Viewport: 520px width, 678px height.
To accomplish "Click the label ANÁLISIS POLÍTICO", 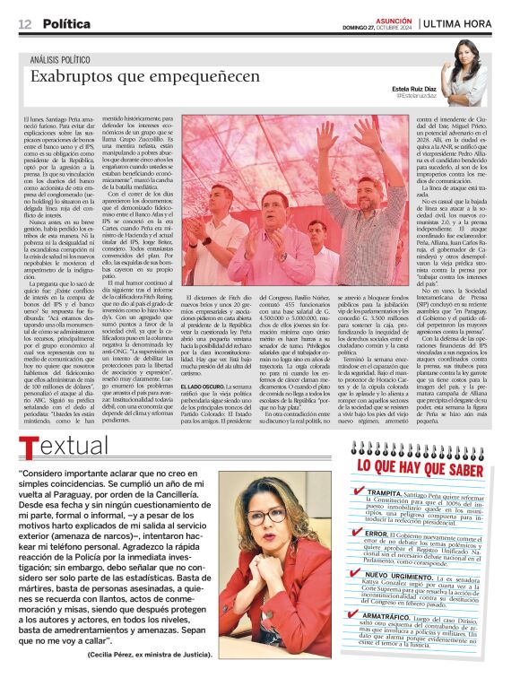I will [63, 60].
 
